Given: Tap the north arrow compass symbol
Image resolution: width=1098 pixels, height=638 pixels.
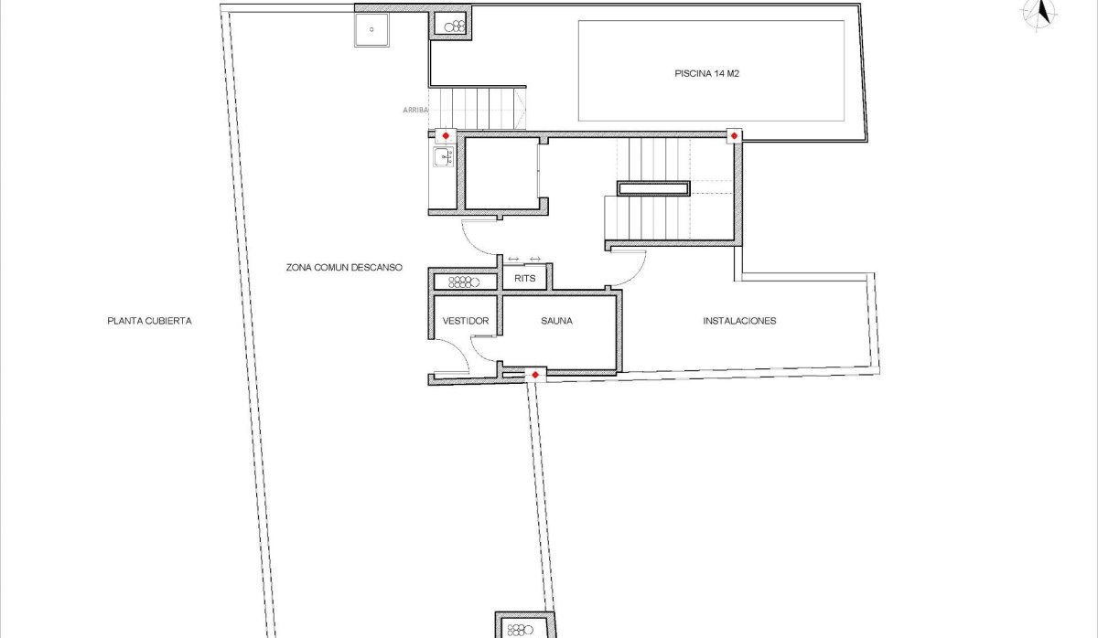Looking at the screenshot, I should click(x=1039, y=15).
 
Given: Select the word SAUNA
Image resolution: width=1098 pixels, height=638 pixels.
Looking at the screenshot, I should click(x=556, y=322).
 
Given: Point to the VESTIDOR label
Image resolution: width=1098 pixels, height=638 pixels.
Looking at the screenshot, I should click(x=465, y=322).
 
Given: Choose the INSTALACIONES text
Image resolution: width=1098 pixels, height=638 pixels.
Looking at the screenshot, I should click(x=739, y=321).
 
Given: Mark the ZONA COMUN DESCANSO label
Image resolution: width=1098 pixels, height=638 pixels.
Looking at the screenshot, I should click(x=345, y=268).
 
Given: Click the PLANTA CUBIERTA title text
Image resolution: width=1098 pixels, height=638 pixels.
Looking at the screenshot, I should click(x=149, y=321).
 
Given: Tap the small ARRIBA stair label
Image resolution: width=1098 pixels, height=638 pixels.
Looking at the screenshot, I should click(x=415, y=111).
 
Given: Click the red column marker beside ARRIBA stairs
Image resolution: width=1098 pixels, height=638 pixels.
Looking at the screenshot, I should click(x=445, y=135).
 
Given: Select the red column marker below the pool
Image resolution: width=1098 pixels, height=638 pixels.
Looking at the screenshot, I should click(x=734, y=135).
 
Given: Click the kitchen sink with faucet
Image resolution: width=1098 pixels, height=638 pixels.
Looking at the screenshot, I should click(x=445, y=159).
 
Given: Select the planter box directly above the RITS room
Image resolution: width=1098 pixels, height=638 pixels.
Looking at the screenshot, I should click(x=464, y=282).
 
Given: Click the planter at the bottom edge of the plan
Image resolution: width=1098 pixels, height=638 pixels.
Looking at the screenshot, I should click(x=523, y=628).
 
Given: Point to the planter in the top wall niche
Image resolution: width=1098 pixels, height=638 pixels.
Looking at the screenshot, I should click(x=453, y=27).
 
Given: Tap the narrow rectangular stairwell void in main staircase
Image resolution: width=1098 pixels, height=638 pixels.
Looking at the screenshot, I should click(x=653, y=189).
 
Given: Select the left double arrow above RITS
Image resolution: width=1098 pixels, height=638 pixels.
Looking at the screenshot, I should click(x=513, y=259).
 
